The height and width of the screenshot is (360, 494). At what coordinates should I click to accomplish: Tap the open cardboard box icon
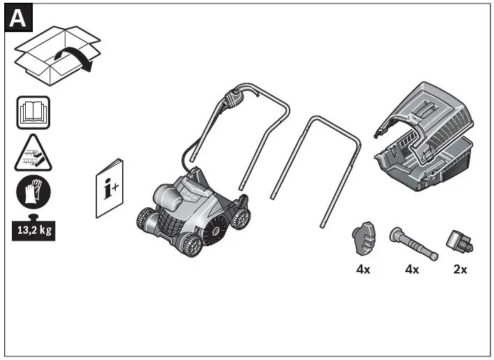pos(49,52)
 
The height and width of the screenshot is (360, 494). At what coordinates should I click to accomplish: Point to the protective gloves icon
pos(33,193)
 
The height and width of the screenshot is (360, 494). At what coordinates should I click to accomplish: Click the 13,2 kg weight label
pos(33,229)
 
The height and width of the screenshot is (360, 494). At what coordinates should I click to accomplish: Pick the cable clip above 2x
pos(460,240)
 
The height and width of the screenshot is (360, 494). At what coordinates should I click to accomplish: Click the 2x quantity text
pos(460,269)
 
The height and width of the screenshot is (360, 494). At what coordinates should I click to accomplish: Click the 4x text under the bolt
pos(412,269)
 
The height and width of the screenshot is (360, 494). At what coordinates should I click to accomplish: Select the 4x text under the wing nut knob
pos(363,269)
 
